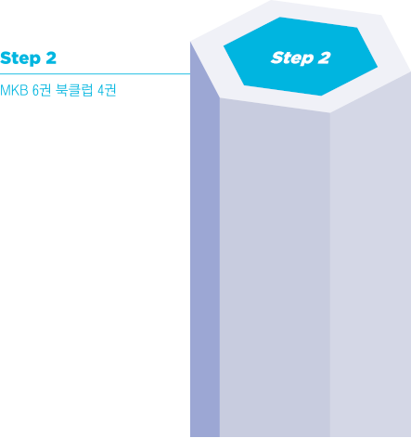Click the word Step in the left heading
(20, 58)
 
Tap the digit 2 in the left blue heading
(51, 58)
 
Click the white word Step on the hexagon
(292, 58)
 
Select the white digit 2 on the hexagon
(324, 58)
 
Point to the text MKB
(14, 90)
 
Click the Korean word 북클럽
(74, 90)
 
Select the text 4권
(107, 90)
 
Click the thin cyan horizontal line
(95, 74)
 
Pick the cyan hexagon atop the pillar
(301, 57)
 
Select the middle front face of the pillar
(275, 266)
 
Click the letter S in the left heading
(6, 58)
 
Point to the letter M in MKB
(6, 90)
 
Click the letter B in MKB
(24, 90)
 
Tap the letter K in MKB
(16, 90)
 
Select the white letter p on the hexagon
(307, 59)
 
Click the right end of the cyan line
(190, 74)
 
